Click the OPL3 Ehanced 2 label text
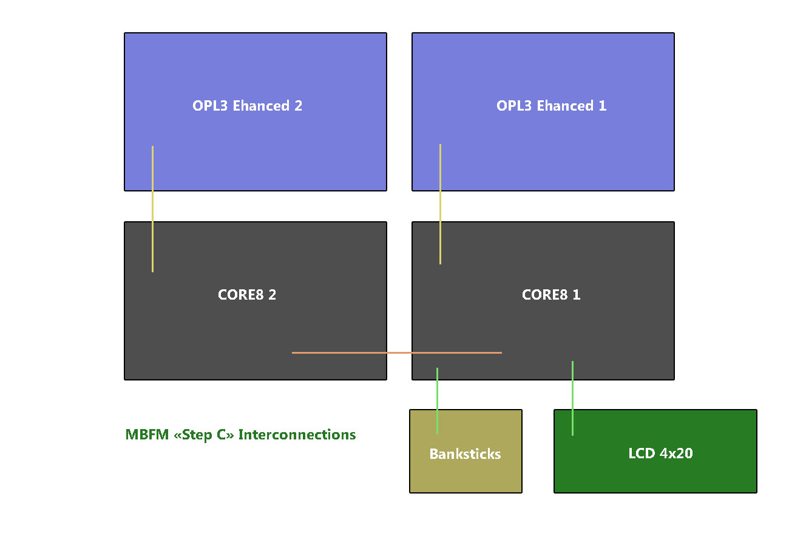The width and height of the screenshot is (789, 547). click(x=247, y=106)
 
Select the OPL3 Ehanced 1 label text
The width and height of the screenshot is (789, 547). click(x=551, y=106)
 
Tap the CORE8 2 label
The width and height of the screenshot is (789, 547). click(x=247, y=295)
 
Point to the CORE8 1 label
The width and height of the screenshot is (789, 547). click(x=551, y=295)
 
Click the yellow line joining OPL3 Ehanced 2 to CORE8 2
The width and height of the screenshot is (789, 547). click(x=152, y=207)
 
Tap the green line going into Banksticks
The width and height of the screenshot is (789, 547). click(x=437, y=395)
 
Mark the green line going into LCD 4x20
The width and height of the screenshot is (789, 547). click(x=572, y=395)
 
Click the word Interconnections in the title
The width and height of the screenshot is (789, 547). click(x=297, y=435)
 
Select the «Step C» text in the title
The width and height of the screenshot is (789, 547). click(x=204, y=435)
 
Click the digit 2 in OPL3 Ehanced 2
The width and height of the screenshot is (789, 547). click(x=298, y=106)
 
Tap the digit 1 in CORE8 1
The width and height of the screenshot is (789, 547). click(x=577, y=295)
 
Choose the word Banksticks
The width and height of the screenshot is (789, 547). click(x=465, y=454)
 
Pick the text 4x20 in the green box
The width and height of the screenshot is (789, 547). click(x=676, y=453)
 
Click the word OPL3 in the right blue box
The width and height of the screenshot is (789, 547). click(x=513, y=106)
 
